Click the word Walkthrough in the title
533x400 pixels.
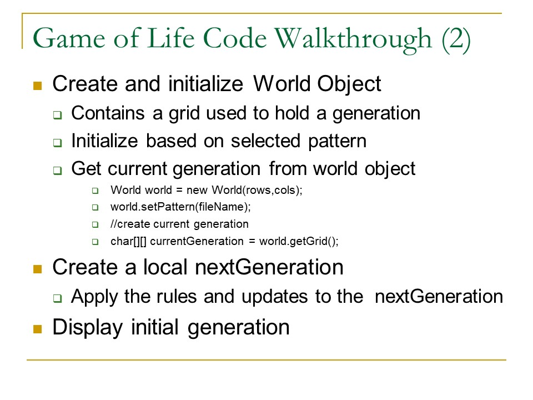coord(353,39)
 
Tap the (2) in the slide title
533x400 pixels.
coord(456,39)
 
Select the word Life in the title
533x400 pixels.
coord(171,38)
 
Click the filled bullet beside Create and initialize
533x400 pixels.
coord(37,86)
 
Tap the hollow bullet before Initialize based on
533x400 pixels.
coord(58,143)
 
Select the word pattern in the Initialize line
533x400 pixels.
coord(337,142)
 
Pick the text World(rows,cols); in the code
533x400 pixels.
coord(257,190)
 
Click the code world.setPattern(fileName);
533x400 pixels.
coord(180,207)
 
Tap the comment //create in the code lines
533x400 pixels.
coord(130,224)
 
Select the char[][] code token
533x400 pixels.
coord(128,241)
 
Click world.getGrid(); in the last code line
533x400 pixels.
coord(299,241)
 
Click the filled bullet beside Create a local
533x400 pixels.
coord(37,269)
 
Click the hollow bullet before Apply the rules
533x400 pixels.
coord(58,298)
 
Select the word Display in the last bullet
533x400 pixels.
coord(87,328)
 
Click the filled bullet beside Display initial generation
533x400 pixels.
coord(37,329)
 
